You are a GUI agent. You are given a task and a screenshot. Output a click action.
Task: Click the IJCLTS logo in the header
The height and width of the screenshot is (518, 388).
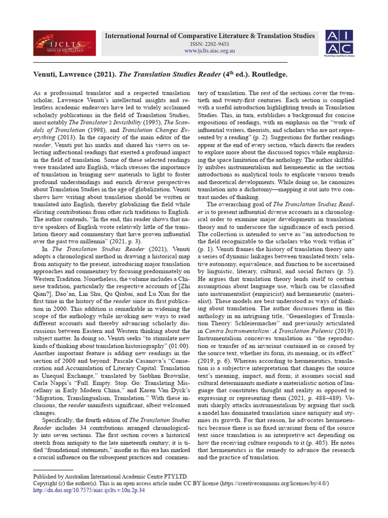pos(64,43)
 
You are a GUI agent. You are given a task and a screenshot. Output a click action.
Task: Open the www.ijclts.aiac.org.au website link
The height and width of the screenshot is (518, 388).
pos(209,51)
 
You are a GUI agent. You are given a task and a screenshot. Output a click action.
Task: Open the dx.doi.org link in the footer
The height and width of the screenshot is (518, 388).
pos(88,490)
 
